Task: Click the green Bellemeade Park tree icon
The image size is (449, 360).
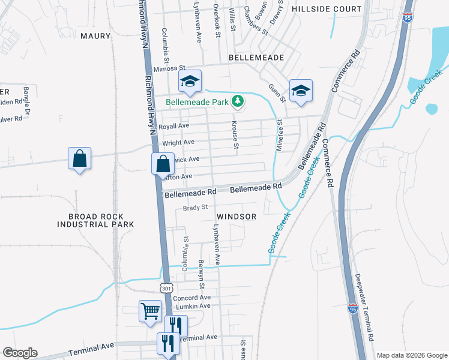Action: [x=238, y=101]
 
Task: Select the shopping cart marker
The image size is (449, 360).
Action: [x=150, y=311]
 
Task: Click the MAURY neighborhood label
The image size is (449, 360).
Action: [x=95, y=36]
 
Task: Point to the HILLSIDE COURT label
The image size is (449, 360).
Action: [x=327, y=9]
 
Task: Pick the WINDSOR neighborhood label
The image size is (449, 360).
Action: [x=237, y=216]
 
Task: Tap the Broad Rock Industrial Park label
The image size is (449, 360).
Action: [x=95, y=220]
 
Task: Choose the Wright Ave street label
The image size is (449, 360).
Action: [x=178, y=142]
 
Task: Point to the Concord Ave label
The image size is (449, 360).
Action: [x=191, y=298]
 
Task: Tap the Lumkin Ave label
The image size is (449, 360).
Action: [x=193, y=306]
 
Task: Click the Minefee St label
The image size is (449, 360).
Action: [x=279, y=135]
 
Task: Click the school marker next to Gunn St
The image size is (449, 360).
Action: [x=301, y=90]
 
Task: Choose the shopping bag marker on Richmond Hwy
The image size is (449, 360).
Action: [x=163, y=163]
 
